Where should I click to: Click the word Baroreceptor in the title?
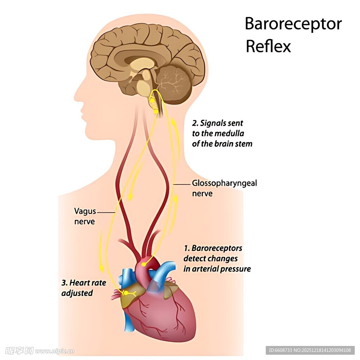click(x=293, y=24)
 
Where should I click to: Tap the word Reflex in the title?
click(x=268, y=46)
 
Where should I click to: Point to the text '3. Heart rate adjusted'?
click(x=84, y=288)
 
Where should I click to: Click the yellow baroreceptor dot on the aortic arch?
click(x=143, y=264)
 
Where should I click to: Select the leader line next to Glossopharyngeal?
click(x=182, y=184)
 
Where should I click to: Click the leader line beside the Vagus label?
click(x=106, y=212)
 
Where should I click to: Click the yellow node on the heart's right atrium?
click(x=125, y=292)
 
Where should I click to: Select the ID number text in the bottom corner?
click(x=310, y=350)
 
